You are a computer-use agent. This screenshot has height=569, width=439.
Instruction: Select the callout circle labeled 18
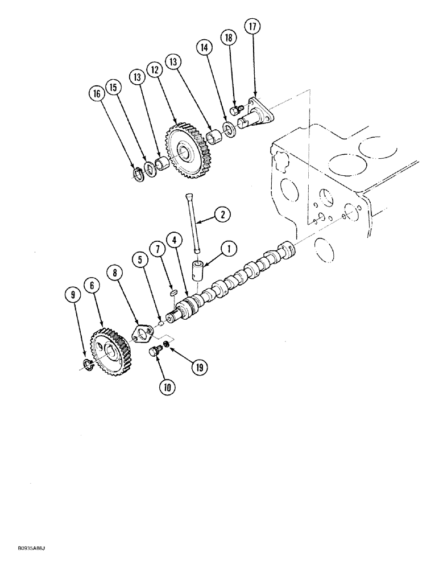coord(229,39)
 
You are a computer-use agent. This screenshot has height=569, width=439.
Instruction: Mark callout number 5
coord(139,260)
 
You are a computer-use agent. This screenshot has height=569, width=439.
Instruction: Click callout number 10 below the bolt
coord(168,387)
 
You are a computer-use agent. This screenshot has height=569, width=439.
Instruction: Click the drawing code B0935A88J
coord(27,562)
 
